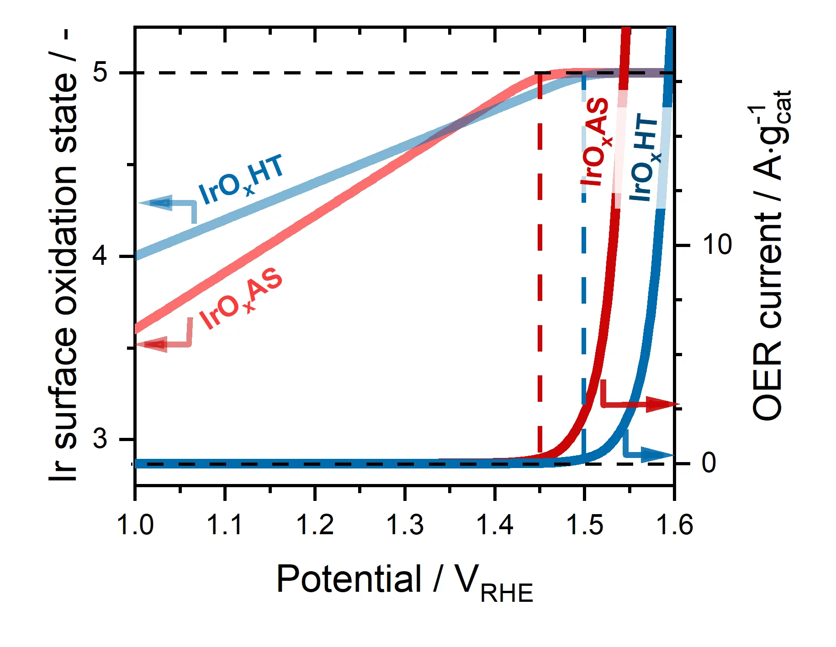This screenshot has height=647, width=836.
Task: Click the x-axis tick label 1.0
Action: (x=135, y=525)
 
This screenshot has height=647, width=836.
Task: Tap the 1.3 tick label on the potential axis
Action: (x=405, y=525)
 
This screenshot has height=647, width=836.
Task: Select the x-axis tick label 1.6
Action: (x=674, y=525)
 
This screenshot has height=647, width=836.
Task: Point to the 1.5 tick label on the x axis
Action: (x=584, y=525)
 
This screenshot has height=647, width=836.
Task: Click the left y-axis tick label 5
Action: (x=100, y=72)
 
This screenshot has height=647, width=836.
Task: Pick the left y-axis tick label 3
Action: (x=100, y=438)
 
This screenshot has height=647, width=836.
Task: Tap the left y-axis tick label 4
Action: (x=100, y=255)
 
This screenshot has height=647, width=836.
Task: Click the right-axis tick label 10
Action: (x=717, y=245)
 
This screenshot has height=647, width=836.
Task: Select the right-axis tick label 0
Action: (x=709, y=463)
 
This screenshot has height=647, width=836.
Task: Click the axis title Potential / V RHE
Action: (x=404, y=582)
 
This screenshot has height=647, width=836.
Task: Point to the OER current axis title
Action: (x=770, y=256)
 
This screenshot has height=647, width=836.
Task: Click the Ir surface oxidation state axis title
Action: (x=64, y=256)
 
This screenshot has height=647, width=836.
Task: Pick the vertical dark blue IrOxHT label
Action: (x=644, y=158)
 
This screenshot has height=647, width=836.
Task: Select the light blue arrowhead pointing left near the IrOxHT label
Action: (x=155, y=203)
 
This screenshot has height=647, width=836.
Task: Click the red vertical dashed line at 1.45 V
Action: (x=540, y=274)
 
